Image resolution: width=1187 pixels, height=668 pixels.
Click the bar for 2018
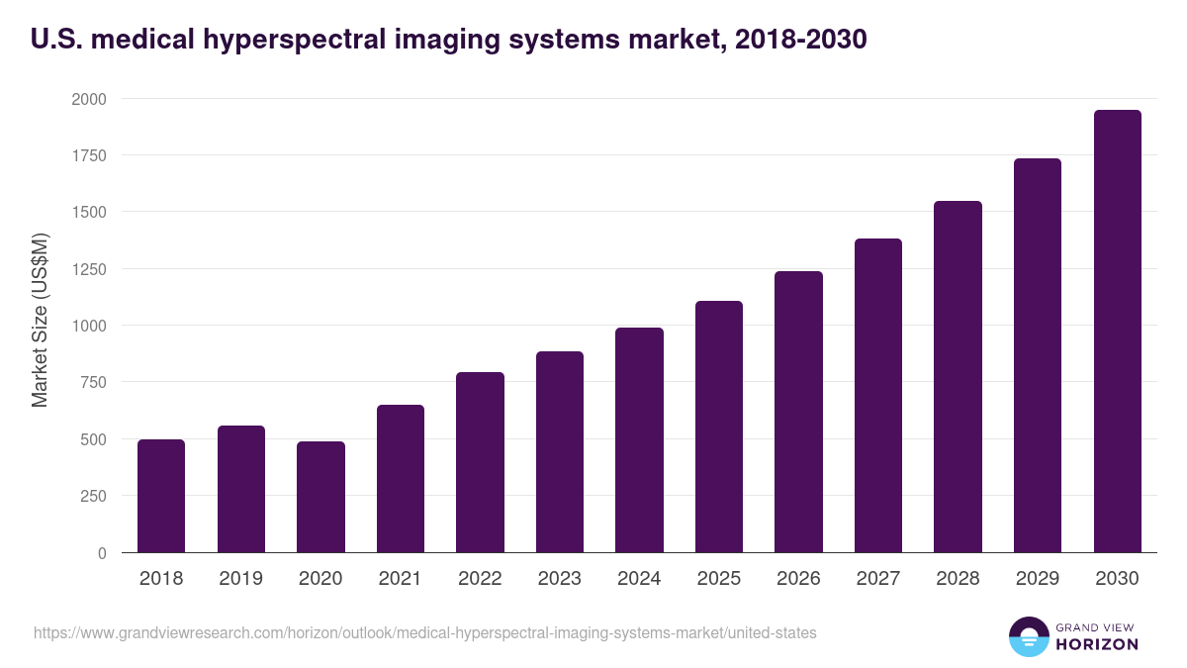[161, 496]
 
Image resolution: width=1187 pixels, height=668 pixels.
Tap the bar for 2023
[560, 452]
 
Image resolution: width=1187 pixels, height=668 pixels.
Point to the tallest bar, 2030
[1117, 332]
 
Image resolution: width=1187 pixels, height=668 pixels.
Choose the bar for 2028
[958, 377]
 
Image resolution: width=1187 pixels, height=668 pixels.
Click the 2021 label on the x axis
[400, 578]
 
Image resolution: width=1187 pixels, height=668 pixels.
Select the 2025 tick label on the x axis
[718, 578]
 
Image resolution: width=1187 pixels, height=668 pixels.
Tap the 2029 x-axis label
[1037, 578]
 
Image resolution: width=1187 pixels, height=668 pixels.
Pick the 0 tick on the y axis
[103, 553]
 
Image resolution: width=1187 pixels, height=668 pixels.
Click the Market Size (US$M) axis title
[40, 319]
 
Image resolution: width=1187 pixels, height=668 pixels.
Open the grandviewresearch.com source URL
[425, 632]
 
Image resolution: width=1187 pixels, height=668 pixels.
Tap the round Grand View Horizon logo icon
[1029, 636]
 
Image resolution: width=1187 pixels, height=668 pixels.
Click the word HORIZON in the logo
[1097, 644]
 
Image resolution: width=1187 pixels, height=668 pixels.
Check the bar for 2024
[639, 440]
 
